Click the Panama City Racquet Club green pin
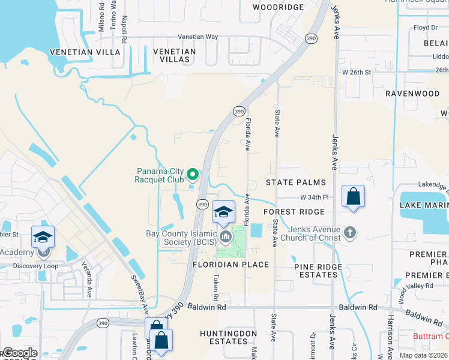tap(193, 175)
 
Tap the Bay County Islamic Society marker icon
tap(226, 237)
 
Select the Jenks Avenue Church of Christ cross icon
tap(351, 232)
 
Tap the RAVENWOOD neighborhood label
tap(412, 94)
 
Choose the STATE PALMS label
tap(296, 182)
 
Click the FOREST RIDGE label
tap(294, 212)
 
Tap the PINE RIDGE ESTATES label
tap(318, 271)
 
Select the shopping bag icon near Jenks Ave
tap(354, 196)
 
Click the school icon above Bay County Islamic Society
tap(223, 212)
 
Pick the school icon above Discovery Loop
tap(43, 238)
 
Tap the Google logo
tap(19, 353)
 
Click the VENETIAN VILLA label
tap(85, 52)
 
